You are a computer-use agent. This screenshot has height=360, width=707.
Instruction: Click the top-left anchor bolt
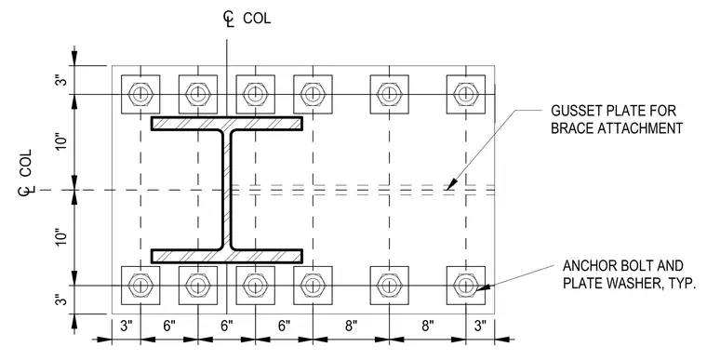140,94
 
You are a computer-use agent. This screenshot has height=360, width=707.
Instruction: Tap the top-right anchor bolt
466,94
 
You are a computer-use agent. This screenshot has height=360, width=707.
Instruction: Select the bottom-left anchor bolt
140,285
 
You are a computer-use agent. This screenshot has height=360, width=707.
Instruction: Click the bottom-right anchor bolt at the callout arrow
466,285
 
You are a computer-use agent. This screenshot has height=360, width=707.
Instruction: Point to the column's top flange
227,124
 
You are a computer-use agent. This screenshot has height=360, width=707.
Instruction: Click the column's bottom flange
227,256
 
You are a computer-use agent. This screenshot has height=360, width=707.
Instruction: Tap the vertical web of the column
227,190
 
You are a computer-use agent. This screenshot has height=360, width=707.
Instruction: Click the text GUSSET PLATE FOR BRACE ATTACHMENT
617,120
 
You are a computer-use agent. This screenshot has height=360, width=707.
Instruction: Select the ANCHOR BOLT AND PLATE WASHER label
630,274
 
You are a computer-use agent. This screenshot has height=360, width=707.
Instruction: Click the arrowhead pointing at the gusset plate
451,183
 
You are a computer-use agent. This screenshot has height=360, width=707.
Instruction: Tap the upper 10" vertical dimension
60,141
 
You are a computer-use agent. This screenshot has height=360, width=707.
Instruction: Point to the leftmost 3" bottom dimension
127,326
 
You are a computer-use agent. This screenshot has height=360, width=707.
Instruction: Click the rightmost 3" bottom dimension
481,326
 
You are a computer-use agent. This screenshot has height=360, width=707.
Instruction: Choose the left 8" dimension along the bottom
352,326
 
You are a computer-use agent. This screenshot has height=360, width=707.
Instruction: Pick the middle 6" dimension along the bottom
227,326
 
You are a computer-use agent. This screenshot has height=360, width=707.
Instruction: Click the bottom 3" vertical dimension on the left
60,300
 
